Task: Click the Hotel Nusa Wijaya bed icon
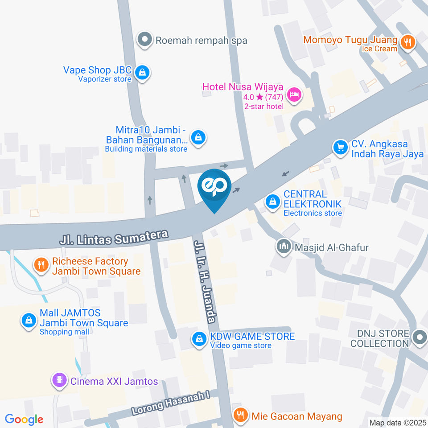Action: coord(294,94)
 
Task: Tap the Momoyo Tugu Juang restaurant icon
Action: coord(407,43)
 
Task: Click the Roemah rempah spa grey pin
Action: coord(144,40)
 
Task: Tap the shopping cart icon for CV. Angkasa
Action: coord(341,147)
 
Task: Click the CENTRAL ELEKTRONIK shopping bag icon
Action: coord(272,202)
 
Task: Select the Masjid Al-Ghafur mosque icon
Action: coord(283,247)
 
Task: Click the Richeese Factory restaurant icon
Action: coord(41,265)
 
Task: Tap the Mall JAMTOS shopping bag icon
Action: coord(29,320)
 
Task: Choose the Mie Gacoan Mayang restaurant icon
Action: coord(240,416)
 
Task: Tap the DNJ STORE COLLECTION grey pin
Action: coord(420,337)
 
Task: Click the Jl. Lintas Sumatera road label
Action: coord(115,237)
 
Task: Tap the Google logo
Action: coord(24,419)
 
